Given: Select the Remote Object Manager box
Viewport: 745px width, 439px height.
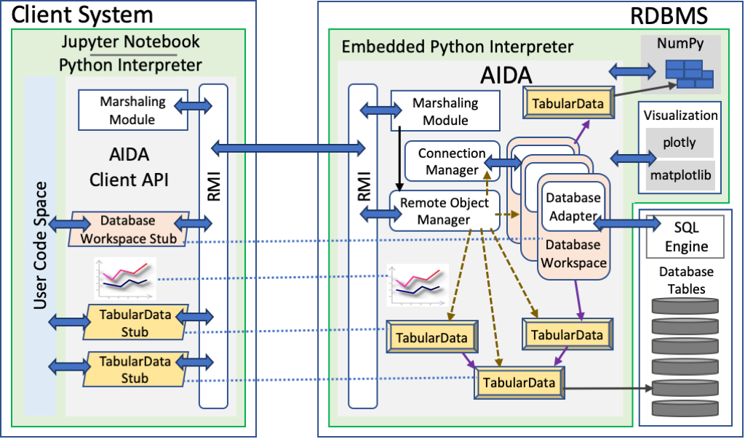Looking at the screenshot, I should click(445, 211).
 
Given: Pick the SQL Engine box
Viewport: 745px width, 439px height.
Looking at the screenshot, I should click(686, 237).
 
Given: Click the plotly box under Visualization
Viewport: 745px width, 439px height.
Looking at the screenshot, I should click(679, 142).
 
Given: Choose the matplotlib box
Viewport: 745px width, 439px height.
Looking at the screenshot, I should click(679, 175).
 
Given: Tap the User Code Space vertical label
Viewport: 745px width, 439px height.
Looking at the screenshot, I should click(41, 245).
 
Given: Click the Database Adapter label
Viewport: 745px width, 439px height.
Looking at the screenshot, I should click(573, 206).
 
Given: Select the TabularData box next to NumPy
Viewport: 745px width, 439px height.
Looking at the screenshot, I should click(567, 103).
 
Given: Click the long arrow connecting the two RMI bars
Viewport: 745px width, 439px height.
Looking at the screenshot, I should click(288, 148).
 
